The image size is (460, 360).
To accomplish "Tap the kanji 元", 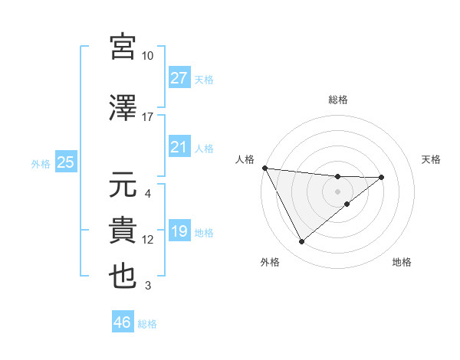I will click(123, 185).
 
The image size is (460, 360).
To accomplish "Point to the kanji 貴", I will click(123, 231).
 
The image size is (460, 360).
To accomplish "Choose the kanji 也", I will click(123, 277).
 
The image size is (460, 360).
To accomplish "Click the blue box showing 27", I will click(179, 78).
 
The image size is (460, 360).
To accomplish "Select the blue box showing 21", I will click(179, 147).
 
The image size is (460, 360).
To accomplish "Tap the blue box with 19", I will click(179, 231).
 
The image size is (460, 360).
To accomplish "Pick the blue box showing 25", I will click(65, 162).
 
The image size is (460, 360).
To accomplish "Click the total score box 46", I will click(123, 322).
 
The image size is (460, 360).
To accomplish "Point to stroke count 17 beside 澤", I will click(148, 117).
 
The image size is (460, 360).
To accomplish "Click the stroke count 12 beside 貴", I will click(148, 240).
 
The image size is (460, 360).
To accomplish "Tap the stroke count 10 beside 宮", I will click(148, 56).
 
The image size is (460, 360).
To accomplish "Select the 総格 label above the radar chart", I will click(338, 100).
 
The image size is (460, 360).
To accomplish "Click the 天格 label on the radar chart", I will click(431, 159).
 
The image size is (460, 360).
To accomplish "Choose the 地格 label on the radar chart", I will click(402, 262).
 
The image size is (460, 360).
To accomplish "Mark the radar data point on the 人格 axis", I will click(264, 167).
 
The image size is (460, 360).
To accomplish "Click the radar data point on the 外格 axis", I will click(301, 242).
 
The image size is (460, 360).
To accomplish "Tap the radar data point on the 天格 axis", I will click(382, 178).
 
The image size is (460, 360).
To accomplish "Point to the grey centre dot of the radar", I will click(338, 191).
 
